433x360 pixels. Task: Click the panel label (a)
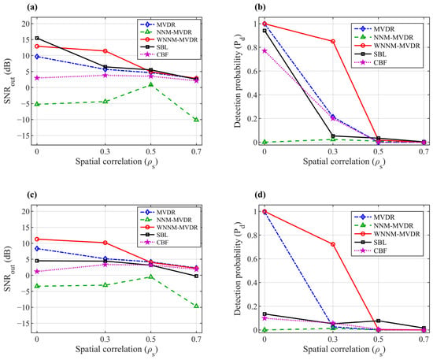click(x=32, y=7)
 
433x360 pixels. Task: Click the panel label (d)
click(x=260, y=195)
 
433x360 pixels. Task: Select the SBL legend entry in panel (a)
click(x=154, y=47)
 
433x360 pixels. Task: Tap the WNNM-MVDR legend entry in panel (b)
click(x=387, y=46)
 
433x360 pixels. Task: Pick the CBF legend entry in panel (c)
click(x=154, y=243)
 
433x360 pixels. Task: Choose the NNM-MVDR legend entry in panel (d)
click(x=383, y=225)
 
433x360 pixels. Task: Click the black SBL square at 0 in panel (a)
click(x=37, y=38)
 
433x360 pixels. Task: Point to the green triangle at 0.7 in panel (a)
click(x=196, y=120)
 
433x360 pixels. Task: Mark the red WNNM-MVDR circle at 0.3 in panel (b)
click(x=333, y=42)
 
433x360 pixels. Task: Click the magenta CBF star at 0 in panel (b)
click(x=265, y=51)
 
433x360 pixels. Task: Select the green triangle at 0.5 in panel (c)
click(x=151, y=276)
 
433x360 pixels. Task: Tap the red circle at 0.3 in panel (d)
click(x=333, y=244)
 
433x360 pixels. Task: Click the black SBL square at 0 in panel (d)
click(x=265, y=314)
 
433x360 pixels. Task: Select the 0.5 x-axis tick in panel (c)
click(x=151, y=339)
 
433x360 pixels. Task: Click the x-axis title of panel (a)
click(x=117, y=162)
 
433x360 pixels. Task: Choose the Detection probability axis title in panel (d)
click(x=238, y=269)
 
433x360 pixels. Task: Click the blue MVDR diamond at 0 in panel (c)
click(x=37, y=249)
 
